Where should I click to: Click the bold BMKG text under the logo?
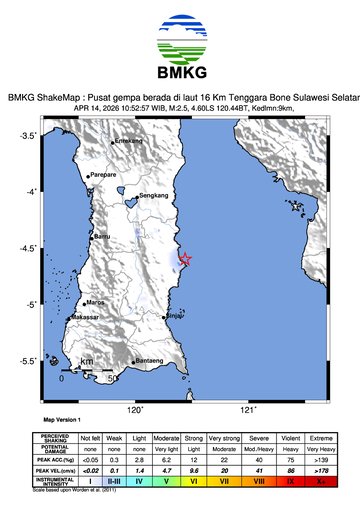tap(180, 74)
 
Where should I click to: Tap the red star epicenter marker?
tap(184, 261)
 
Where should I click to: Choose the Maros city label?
tap(96, 301)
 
